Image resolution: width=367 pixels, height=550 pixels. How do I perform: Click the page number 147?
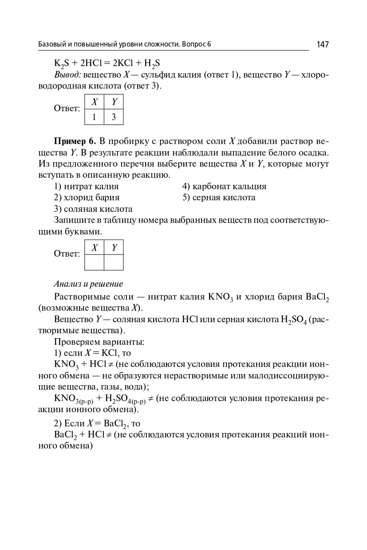[x=323, y=44]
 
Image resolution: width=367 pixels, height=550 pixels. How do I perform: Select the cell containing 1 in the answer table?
[x=94, y=117]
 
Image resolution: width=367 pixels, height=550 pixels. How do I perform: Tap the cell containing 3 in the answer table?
[x=114, y=117]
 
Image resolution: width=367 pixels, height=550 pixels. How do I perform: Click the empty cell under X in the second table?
[x=94, y=262]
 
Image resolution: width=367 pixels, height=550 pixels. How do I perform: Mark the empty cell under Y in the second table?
[x=114, y=262]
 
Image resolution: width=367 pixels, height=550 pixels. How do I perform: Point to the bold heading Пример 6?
[x=75, y=141]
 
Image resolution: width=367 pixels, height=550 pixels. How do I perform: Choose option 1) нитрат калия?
[x=87, y=187]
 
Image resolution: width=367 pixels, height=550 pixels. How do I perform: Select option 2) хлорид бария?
[x=87, y=198]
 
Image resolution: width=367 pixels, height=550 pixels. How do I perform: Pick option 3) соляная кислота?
[x=93, y=209]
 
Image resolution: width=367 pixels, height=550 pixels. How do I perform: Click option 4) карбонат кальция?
[x=224, y=187]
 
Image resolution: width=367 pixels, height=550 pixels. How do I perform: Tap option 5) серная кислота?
[x=219, y=198]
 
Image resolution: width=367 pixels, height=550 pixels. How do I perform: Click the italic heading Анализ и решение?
[x=88, y=284]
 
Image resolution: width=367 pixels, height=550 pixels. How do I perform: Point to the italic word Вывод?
[x=67, y=74]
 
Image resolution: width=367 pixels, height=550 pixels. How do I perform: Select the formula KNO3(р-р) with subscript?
[x=73, y=398]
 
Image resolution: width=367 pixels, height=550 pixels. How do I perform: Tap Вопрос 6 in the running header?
[x=196, y=44]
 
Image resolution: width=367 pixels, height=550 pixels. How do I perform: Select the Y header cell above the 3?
[x=114, y=102]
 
